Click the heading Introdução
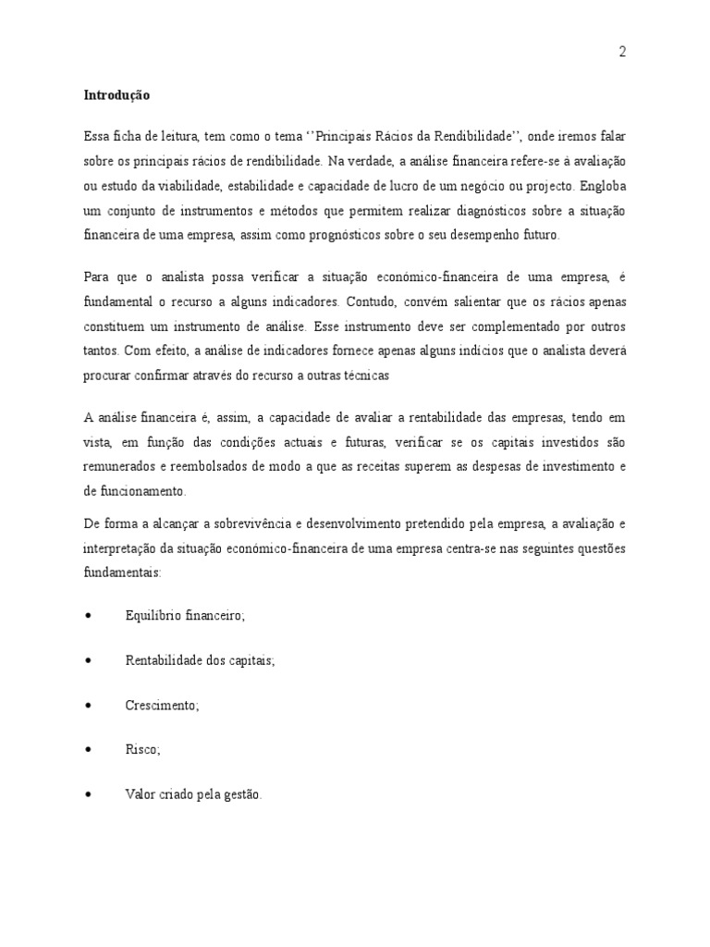pos(116,94)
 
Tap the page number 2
pos(622,52)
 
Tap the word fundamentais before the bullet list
pos(121,572)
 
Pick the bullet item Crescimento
pos(161,705)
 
